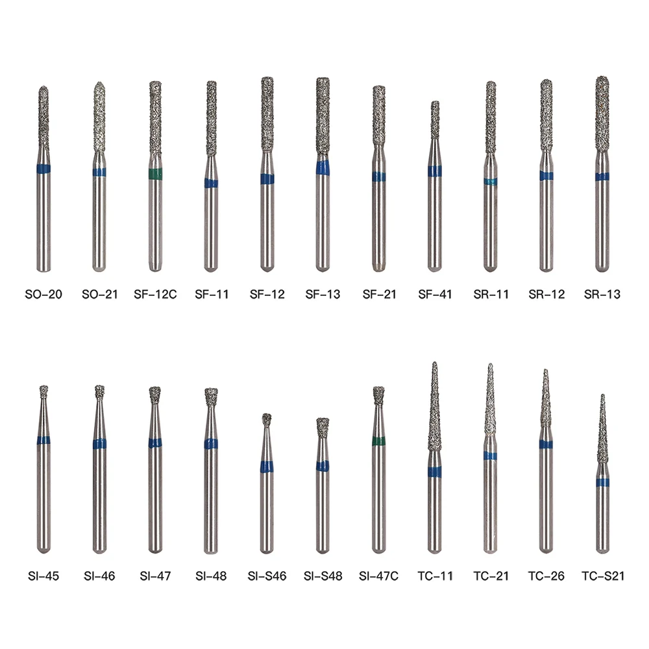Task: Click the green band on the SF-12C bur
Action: (x=155, y=174)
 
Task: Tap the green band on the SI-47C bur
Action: (x=379, y=441)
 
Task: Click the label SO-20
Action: (x=43, y=294)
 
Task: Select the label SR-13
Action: (x=602, y=294)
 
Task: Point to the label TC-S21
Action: (x=603, y=576)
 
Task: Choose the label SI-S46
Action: (x=267, y=576)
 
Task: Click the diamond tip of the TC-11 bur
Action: (x=434, y=363)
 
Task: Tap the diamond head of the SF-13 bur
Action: (x=323, y=116)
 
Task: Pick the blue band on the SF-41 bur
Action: (x=435, y=171)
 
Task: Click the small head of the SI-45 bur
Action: (x=43, y=391)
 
